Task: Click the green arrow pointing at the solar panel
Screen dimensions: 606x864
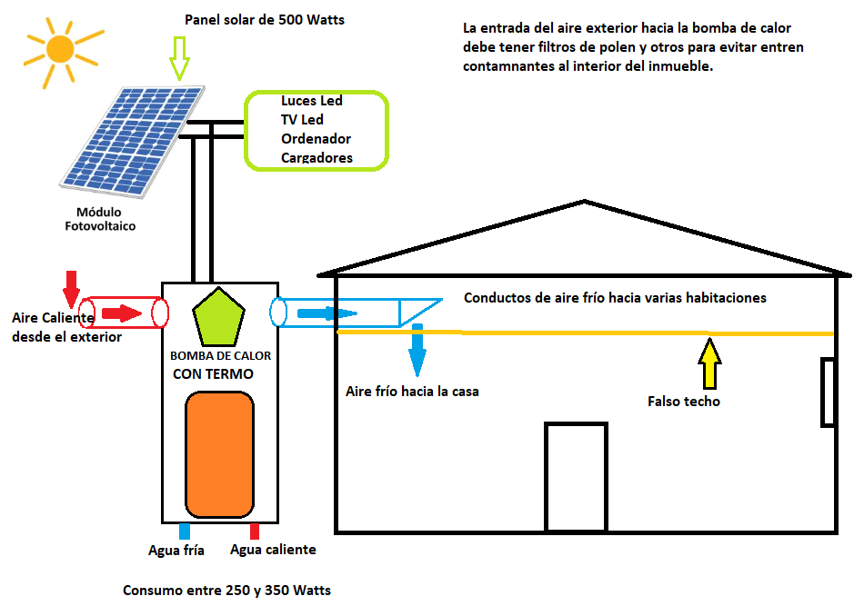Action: point(179,59)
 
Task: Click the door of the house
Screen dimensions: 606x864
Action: point(576,476)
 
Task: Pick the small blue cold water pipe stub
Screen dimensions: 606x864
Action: point(185,531)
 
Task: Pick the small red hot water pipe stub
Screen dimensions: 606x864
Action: point(255,531)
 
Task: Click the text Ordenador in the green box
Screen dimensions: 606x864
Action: point(316,139)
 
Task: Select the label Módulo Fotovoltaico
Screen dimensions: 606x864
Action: point(100,219)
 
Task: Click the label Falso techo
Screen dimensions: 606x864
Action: point(683,401)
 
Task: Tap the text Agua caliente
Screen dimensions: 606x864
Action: point(273,550)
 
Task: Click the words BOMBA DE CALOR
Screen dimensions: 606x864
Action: point(220,356)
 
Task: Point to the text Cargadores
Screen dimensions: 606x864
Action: point(316,158)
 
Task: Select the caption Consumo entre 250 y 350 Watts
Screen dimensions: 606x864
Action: point(226,591)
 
